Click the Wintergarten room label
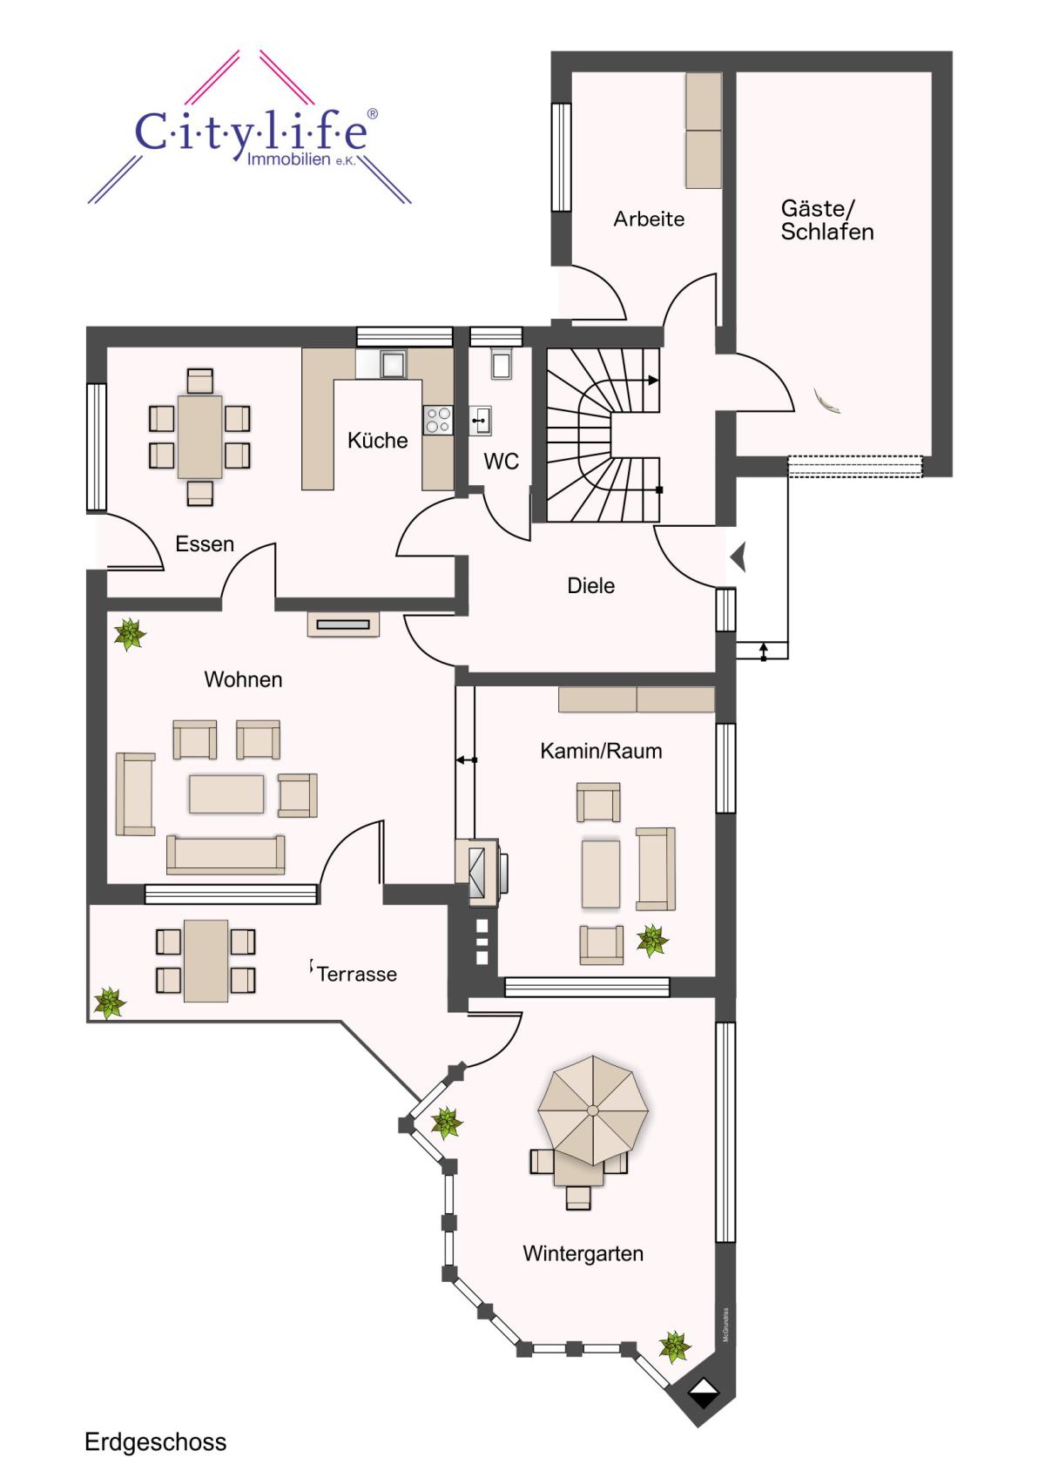[583, 1253]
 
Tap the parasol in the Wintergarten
[592, 1110]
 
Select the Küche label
[377, 440]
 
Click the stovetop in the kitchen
[437, 420]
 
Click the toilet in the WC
[501, 363]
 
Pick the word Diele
[591, 585]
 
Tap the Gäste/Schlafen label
[827, 219]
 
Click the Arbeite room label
[649, 219]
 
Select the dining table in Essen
[200, 437]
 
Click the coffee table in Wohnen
[226, 793]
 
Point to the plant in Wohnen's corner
[129, 635]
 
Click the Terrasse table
[206, 961]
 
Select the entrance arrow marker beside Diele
[738, 557]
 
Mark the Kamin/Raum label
[601, 751]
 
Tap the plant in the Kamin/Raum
[652, 940]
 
